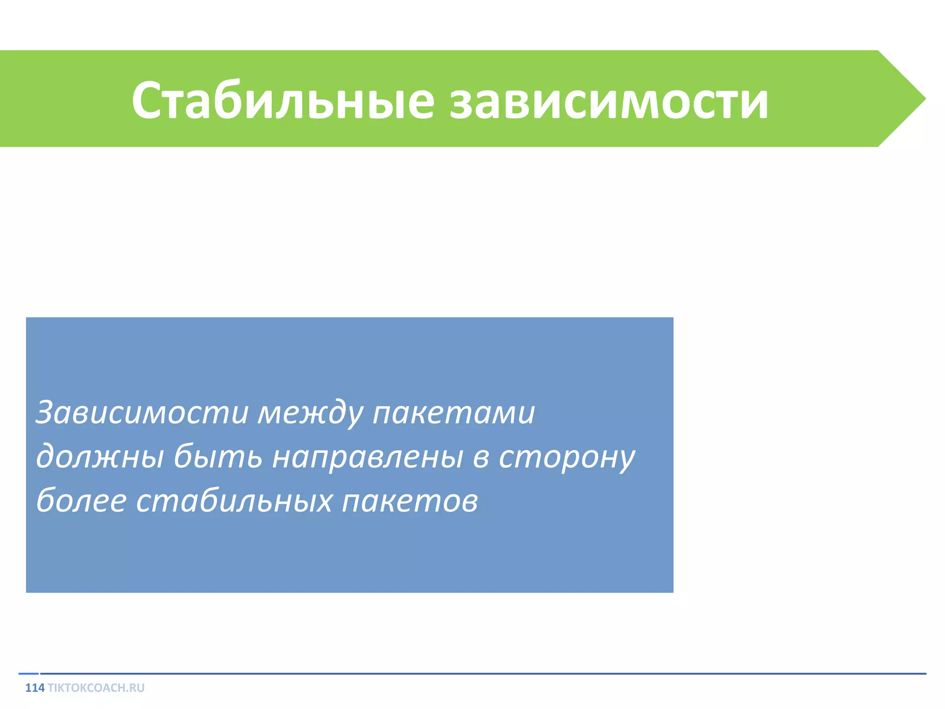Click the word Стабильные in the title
pyautogui.click(x=282, y=101)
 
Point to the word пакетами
pyautogui.click(x=453, y=412)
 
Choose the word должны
pyautogui.click(x=100, y=457)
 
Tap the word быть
pyautogui.click(x=218, y=457)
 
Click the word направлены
pyautogui.click(x=367, y=457)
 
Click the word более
pyautogui.click(x=81, y=501)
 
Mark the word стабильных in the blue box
pyautogui.click(x=233, y=501)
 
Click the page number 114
pyautogui.click(x=35, y=688)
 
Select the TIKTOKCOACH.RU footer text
pyautogui.click(x=96, y=688)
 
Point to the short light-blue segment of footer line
pyautogui.click(x=28, y=673)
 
